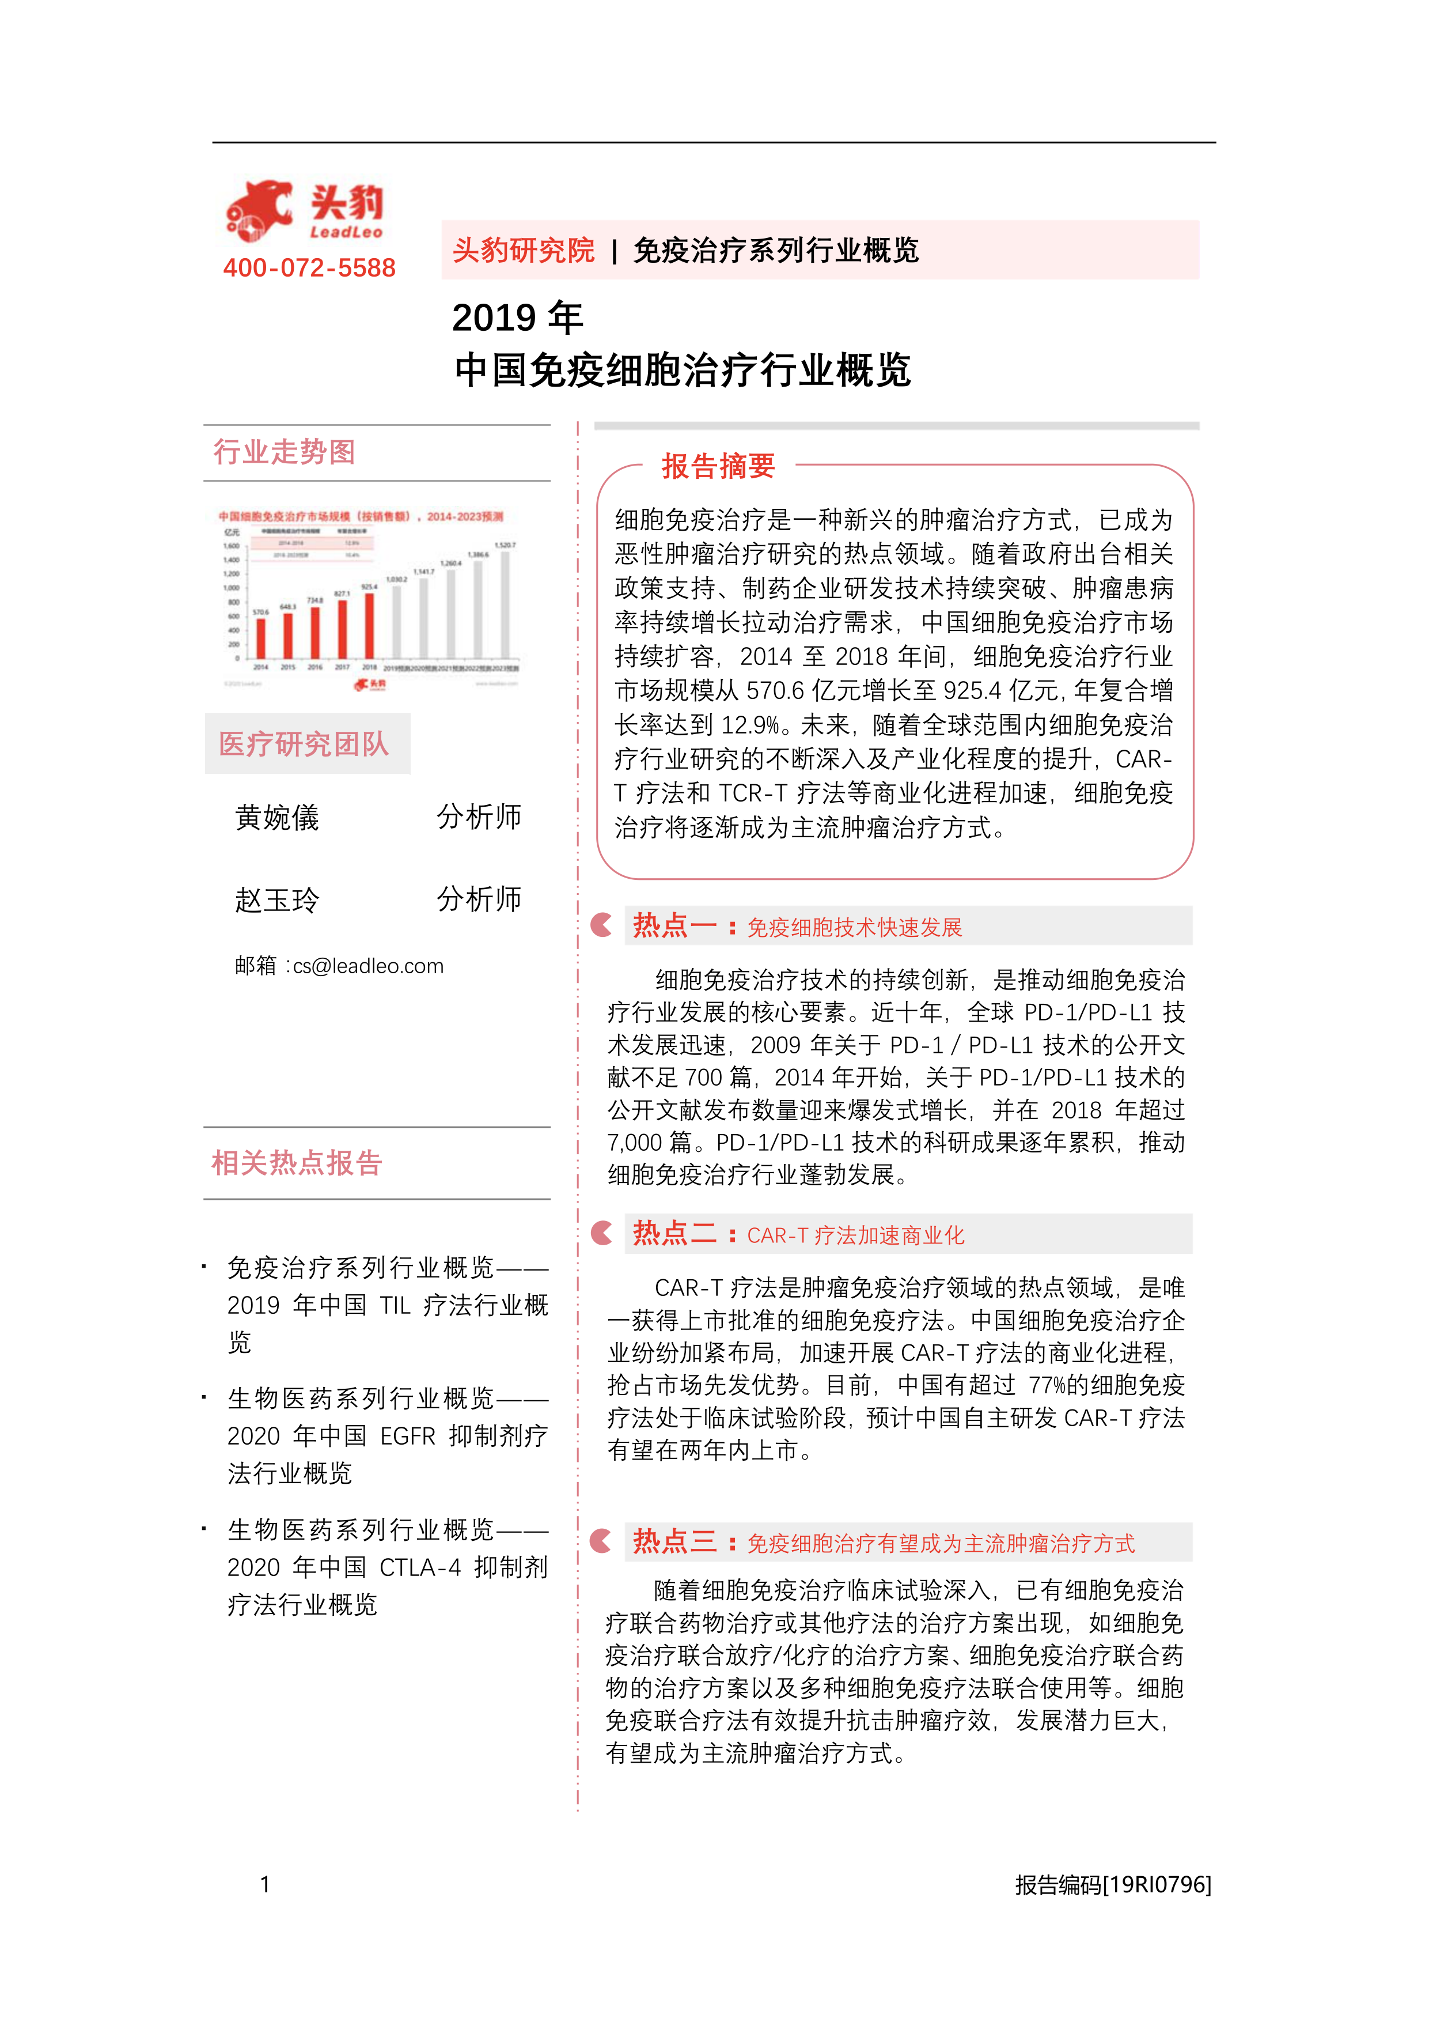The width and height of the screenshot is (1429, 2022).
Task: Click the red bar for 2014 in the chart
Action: (260, 637)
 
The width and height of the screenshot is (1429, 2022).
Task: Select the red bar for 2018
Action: (370, 625)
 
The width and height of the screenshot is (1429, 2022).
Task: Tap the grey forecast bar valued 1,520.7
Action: (505, 604)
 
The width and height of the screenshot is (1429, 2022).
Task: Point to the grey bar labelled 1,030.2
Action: (397, 621)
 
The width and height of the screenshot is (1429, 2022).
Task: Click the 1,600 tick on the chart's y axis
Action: (232, 546)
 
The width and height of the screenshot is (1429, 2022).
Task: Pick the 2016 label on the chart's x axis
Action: (315, 667)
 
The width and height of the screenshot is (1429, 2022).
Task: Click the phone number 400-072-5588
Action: (309, 268)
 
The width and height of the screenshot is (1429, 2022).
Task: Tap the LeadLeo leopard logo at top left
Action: (259, 210)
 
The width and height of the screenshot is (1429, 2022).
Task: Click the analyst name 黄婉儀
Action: (278, 817)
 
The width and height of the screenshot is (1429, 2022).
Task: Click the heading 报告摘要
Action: (718, 466)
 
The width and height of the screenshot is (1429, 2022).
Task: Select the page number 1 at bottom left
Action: (265, 1885)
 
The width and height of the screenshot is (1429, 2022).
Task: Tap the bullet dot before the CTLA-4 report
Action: (204, 1529)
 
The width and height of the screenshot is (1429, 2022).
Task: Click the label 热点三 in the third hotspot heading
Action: (674, 1541)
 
